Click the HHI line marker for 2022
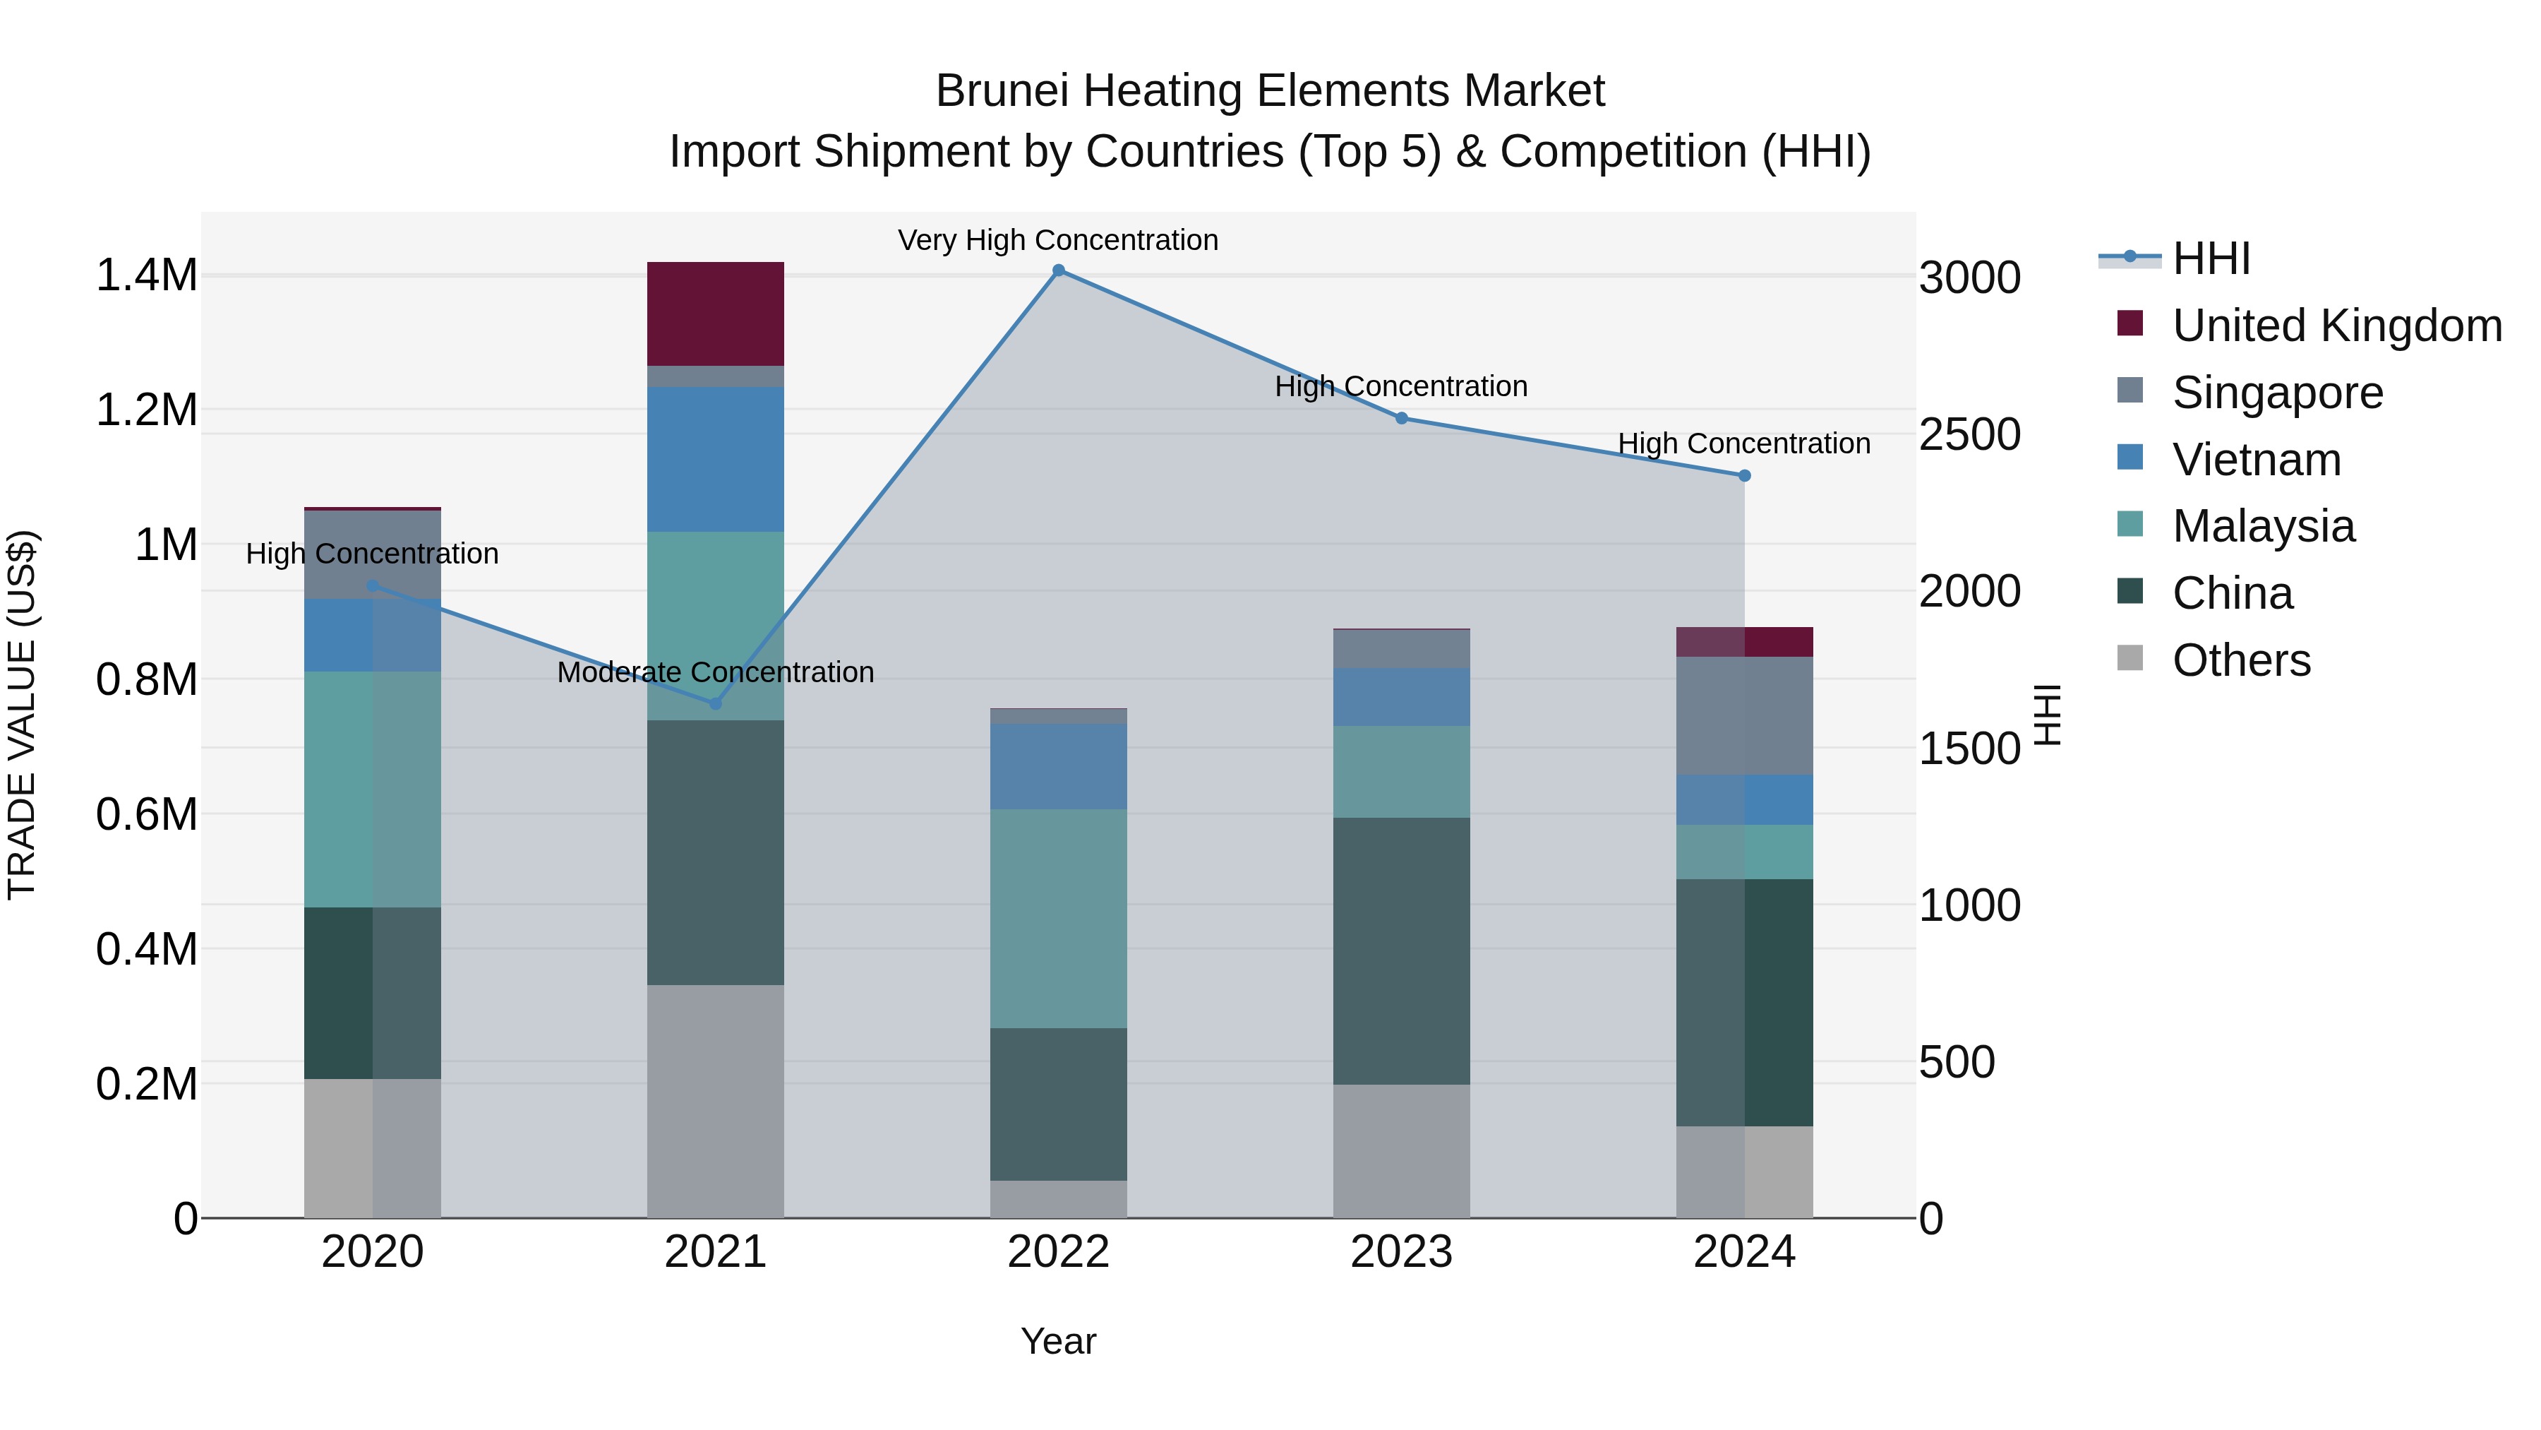1059,270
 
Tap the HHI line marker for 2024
1744,476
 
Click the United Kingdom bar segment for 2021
715,314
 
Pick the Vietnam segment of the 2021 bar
715,459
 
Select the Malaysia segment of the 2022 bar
1059,918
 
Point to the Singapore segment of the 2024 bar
1744,715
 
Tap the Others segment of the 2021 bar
715,1100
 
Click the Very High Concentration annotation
1059,241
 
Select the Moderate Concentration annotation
715,673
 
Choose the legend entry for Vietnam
2256,460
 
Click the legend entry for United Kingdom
2336,326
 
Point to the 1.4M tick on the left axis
146,275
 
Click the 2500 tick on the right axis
1969,434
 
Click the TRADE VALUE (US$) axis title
22,715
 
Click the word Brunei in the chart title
1002,92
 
